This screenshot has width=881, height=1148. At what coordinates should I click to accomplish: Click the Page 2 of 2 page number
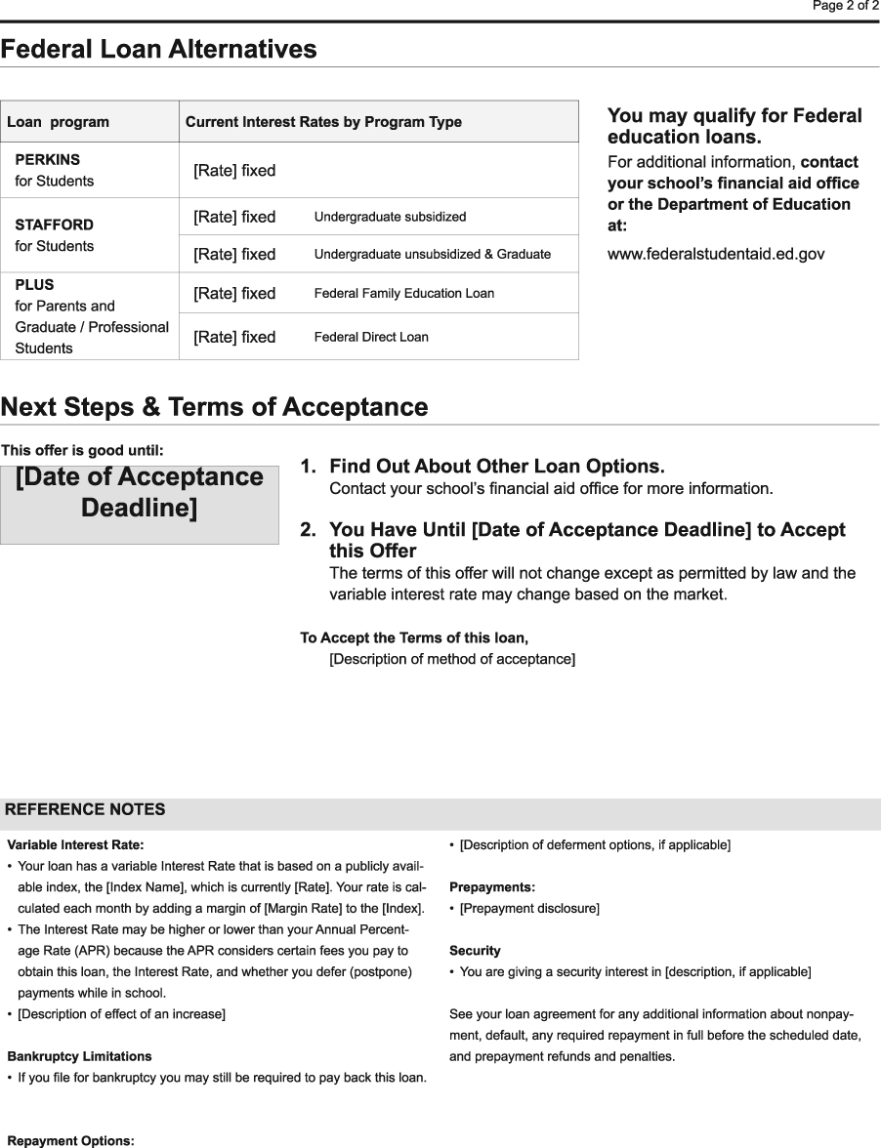coord(846,6)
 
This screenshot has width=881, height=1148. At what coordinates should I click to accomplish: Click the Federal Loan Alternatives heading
coord(158,49)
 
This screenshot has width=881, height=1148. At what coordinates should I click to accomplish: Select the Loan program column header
coord(58,122)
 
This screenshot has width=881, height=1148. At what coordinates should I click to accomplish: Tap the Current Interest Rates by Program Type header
coord(323,122)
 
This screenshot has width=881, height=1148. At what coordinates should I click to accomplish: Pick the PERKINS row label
coord(48,159)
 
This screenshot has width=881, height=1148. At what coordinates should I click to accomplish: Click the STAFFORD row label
coord(54,225)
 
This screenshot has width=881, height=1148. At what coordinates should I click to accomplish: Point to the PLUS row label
coord(34,285)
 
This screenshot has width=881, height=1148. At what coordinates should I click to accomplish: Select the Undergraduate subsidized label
coord(390,217)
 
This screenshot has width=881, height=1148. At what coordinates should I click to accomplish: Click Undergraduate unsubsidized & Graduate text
coord(432,254)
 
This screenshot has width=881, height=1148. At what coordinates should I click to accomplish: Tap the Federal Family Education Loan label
coord(403,294)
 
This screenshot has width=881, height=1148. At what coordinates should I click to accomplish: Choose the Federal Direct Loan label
coord(370,338)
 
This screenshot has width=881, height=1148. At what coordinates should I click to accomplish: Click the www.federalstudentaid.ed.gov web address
coord(716,254)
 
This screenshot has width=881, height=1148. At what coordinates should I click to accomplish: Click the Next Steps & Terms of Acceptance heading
coord(214,407)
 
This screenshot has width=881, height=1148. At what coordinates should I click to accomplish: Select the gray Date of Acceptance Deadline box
coord(140,505)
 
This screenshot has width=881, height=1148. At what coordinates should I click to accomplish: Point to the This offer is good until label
coord(82,450)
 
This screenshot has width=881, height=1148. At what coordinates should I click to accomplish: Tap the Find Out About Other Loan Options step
coord(496,467)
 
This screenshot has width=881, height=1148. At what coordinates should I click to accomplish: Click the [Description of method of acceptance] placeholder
coord(452,660)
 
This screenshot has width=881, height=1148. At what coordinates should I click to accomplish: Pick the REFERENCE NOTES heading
coord(85,809)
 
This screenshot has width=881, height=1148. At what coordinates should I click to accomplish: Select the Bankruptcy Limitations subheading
coord(79,1056)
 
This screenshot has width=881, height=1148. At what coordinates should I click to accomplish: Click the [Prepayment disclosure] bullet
coord(529,909)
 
